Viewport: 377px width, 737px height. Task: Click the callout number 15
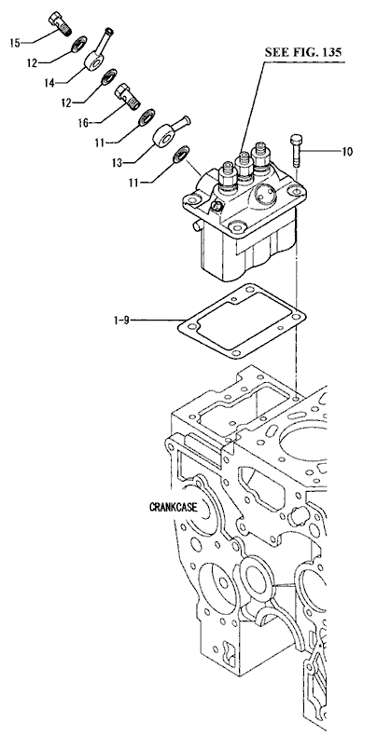point(15,43)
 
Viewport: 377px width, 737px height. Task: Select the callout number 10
point(347,151)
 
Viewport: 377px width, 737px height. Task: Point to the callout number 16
point(83,122)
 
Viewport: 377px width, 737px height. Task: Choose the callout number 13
point(117,162)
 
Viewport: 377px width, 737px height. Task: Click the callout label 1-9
point(121,321)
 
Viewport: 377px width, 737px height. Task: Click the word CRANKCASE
point(173,508)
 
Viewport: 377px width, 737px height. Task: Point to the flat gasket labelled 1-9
point(242,321)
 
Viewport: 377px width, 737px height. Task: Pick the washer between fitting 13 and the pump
point(181,154)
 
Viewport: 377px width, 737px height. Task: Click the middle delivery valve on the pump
point(244,168)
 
